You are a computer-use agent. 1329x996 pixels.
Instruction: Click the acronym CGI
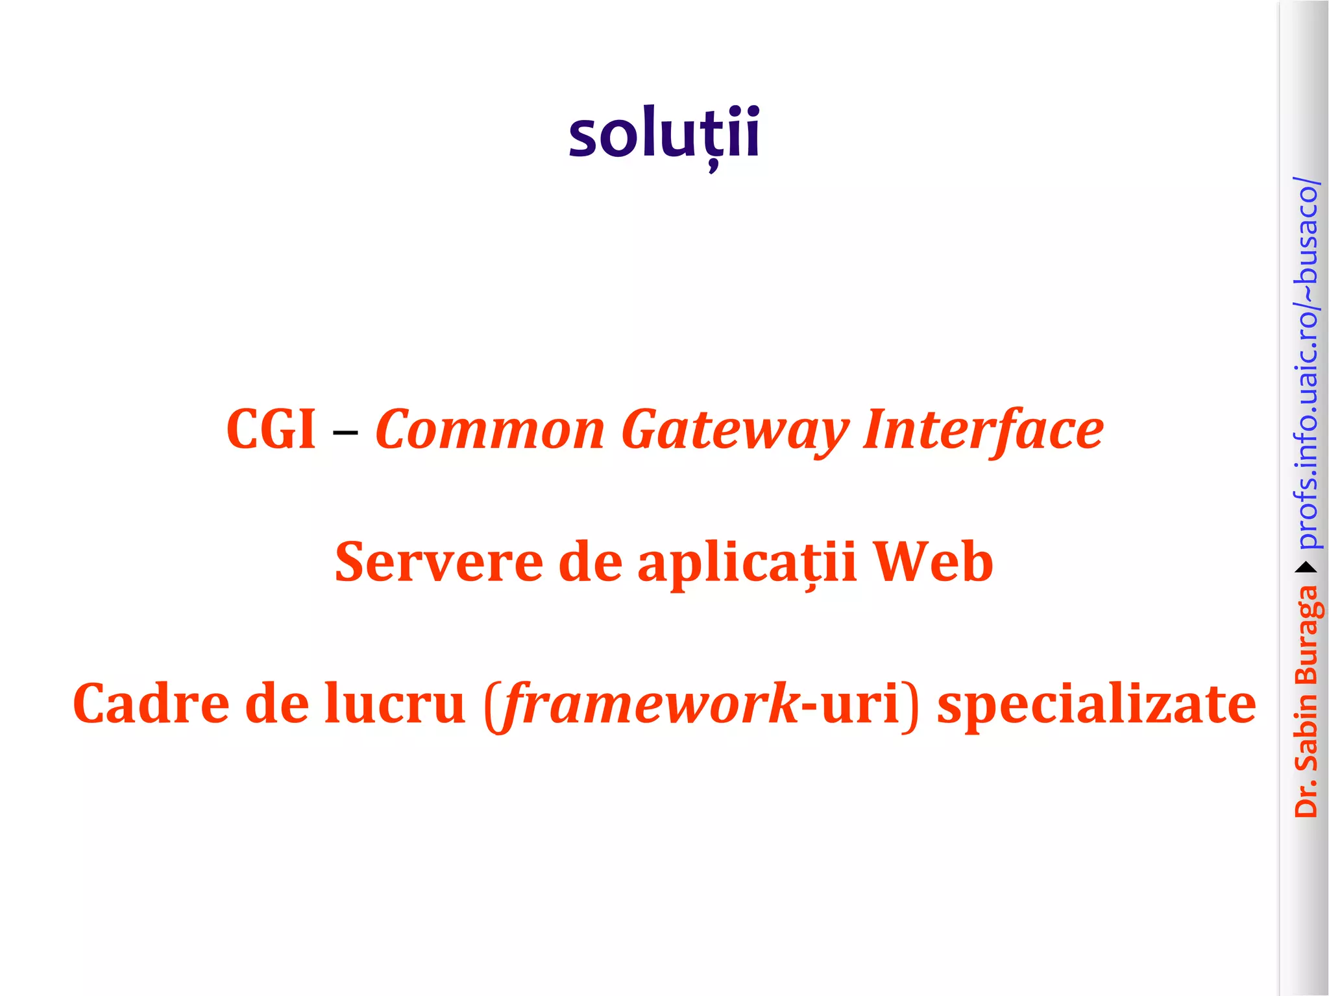(271, 429)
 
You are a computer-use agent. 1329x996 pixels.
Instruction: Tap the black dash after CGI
(345, 431)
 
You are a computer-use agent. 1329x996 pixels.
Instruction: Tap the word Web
(933, 562)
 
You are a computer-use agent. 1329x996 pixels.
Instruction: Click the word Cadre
(151, 704)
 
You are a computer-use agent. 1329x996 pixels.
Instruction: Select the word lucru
(395, 704)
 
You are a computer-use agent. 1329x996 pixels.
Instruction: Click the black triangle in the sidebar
(1306, 568)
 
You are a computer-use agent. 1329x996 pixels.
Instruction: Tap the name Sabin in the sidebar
(1307, 730)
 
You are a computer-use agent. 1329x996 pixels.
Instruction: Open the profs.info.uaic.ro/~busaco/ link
(1307, 363)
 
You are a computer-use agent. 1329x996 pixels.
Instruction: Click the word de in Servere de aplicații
(590, 562)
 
